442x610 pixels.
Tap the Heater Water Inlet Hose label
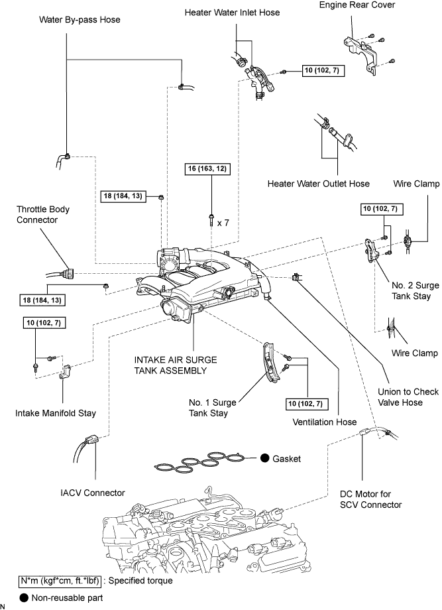[x=233, y=13]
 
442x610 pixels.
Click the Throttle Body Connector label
[x=43, y=215]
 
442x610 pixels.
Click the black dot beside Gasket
[x=264, y=458]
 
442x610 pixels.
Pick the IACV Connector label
[x=92, y=492]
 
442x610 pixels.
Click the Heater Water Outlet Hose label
[x=319, y=184]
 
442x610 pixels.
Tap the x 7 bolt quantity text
[x=223, y=223]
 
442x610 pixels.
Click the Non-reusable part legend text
[x=62, y=597]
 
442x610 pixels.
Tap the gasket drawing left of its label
[x=202, y=461]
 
